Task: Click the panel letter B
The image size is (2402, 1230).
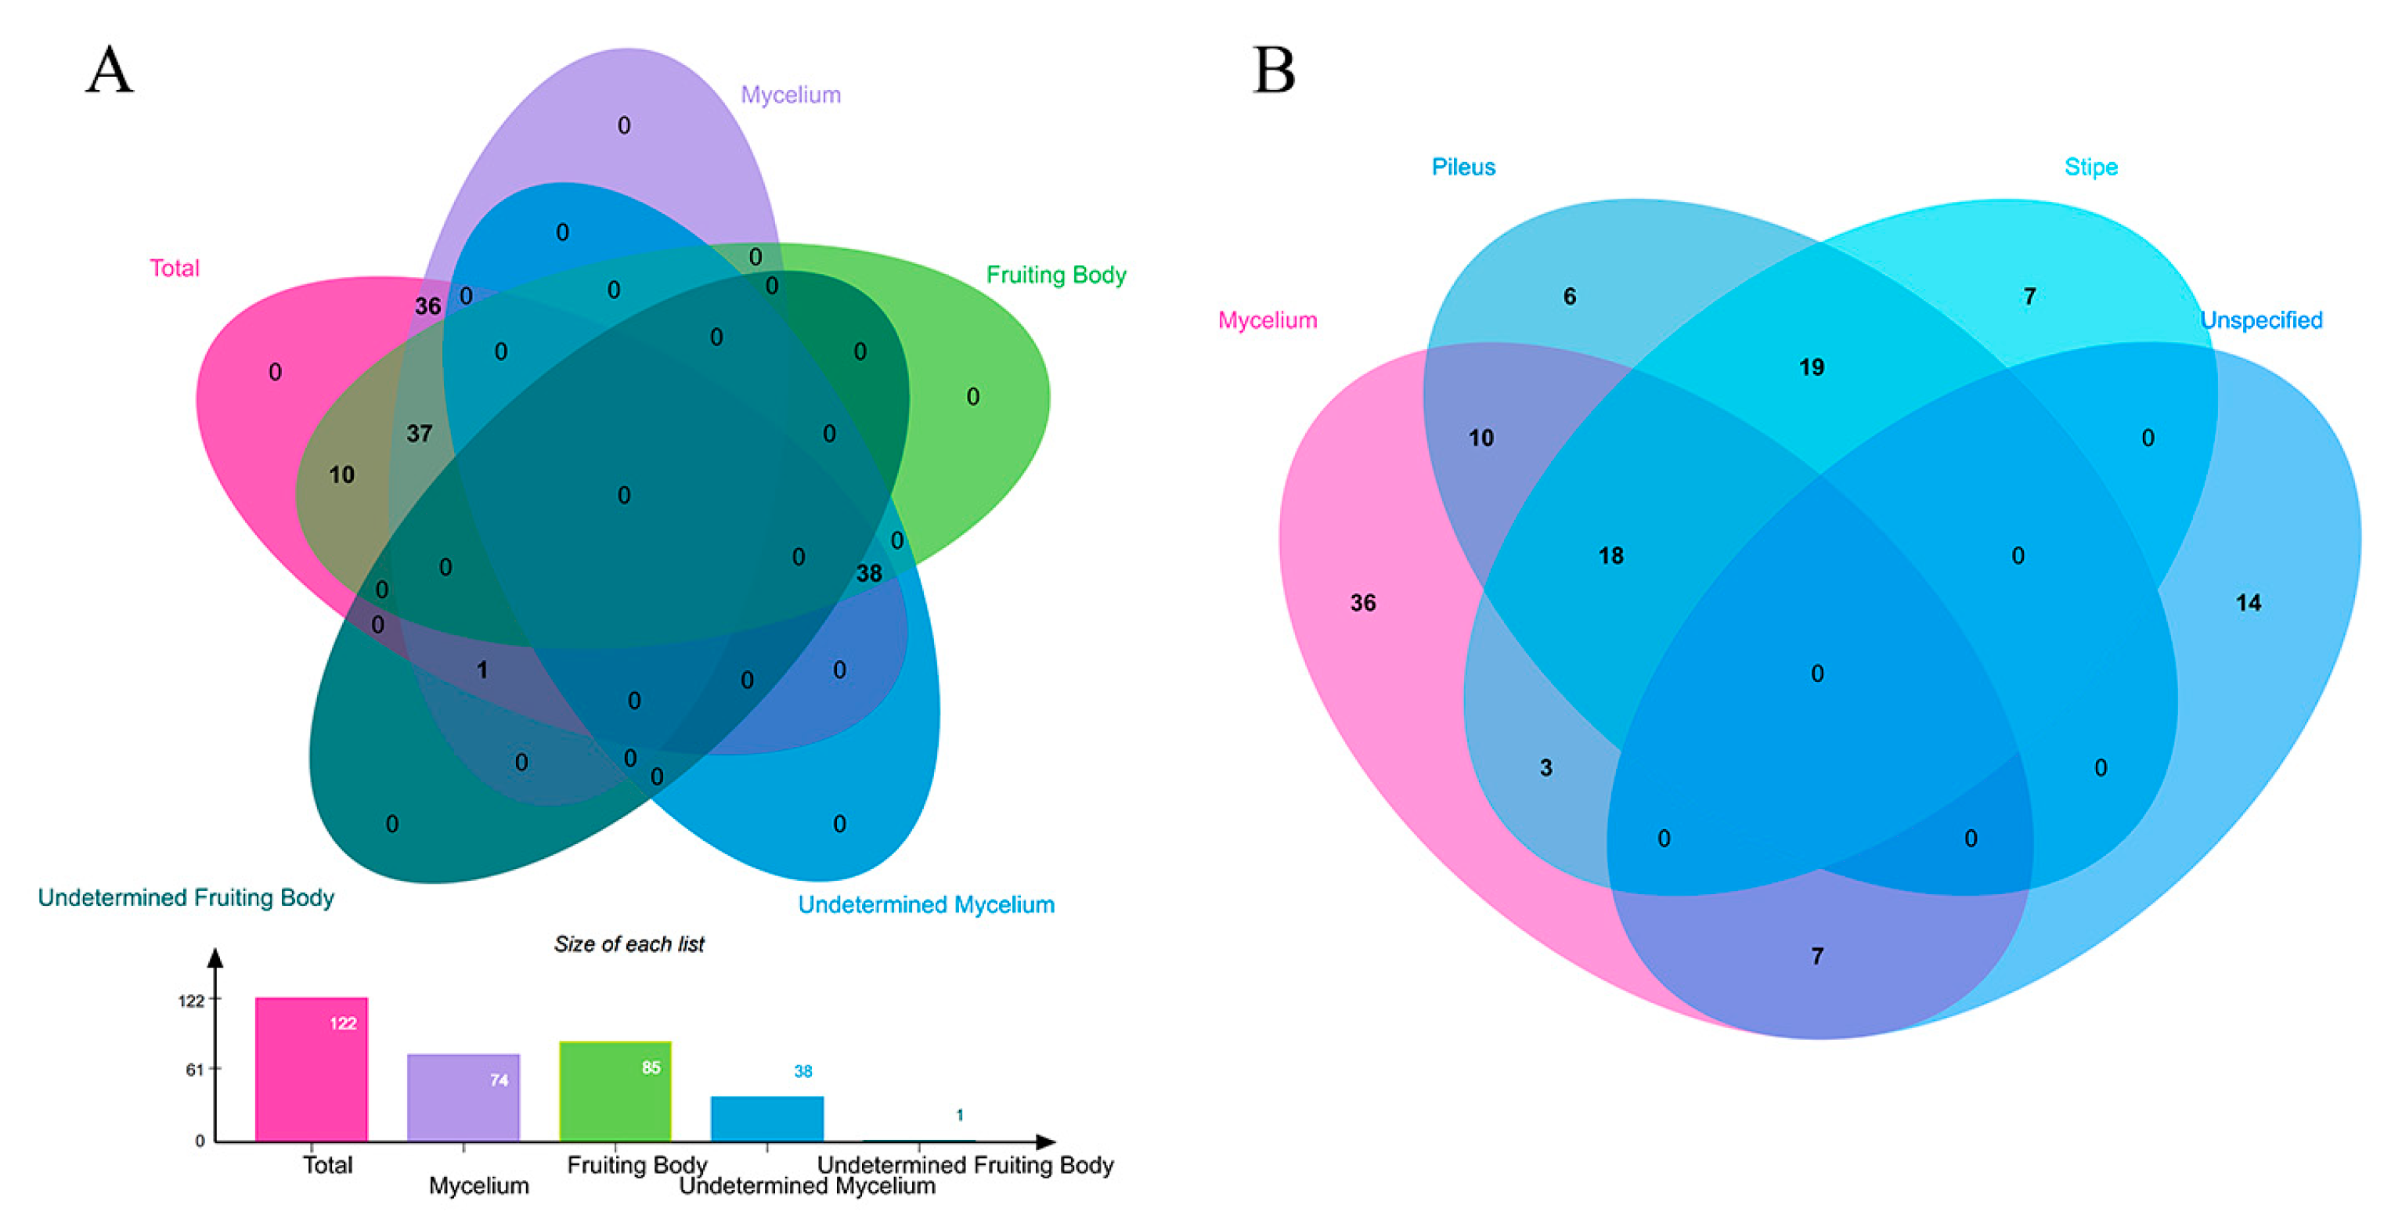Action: (1274, 71)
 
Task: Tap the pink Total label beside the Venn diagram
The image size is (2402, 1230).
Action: (175, 269)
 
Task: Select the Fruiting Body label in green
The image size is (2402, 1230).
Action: (1055, 275)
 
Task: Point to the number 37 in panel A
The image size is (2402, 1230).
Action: (420, 434)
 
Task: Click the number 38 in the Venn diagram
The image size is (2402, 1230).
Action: (868, 573)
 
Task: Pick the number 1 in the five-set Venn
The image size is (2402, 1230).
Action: (482, 669)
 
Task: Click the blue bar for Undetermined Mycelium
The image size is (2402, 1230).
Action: (766, 1118)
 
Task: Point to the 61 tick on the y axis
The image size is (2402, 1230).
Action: (194, 1069)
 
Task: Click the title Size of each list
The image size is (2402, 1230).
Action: (629, 945)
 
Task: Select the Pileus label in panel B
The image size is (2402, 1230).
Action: (1463, 167)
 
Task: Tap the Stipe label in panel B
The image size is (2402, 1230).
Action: (2090, 167)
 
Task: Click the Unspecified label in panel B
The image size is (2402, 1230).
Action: (2260, 320)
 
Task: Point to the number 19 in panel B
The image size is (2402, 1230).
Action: (1811, 367)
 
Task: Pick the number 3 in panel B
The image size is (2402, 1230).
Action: (1546, 767)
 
